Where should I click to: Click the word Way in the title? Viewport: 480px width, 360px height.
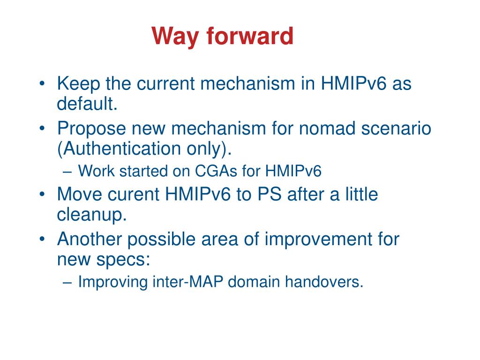[x=175, y=37]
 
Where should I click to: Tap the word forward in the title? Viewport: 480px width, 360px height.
[x=250, y=36]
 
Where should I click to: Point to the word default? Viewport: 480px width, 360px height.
[x=87, y=104]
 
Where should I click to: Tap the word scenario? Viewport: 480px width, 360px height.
[x=396, y=128]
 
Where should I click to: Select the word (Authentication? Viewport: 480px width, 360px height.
[x=119, y=149]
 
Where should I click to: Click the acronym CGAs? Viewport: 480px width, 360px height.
[x=216, y=171]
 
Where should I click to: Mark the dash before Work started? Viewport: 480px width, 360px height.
[x=67, y=172]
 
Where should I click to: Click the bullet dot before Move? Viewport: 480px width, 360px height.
[x=42, y=194]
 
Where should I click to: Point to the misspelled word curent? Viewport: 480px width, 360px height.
[x=134, y=195]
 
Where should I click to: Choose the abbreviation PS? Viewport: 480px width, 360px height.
[x=269, y=194]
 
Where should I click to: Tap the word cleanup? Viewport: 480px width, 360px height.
[x=92, y=214]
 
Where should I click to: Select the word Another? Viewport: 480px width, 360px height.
[x=90, y=239]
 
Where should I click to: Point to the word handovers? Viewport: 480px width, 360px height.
[x=324, y=282]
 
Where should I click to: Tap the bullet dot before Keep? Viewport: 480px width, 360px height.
[x=42, y=83]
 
